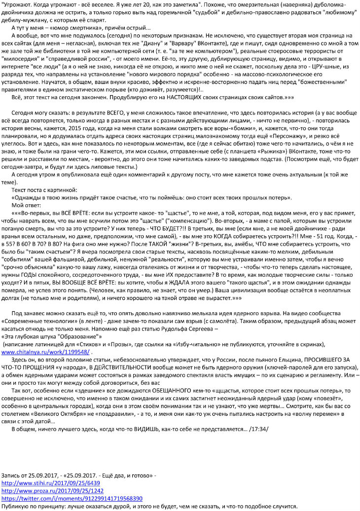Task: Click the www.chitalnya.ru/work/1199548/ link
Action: click(x=45, y=353)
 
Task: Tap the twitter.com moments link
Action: click(x=72, y=499)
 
